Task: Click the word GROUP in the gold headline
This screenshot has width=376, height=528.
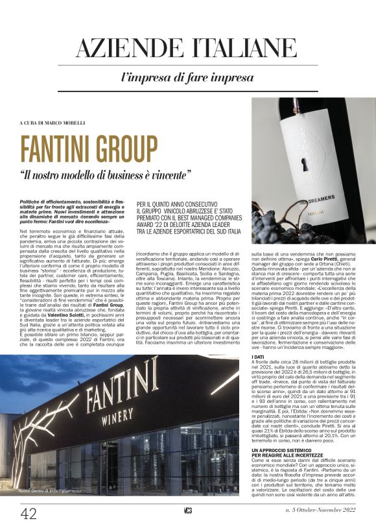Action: (x=120, y=149)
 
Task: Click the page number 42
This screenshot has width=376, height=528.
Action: (x=29, y=514)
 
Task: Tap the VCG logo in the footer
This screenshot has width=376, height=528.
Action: (x=187, y=511)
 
